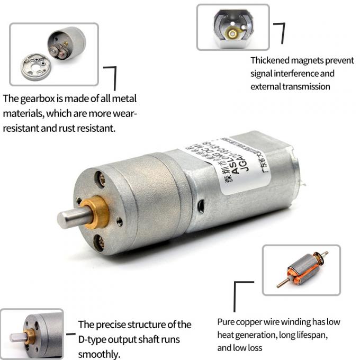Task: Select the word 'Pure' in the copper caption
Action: point(227,322)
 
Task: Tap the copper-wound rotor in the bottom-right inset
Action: point(302,269)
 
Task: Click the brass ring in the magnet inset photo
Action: point(232,33)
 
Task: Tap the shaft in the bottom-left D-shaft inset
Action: point(17,337)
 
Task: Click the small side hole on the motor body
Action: point(201,204)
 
